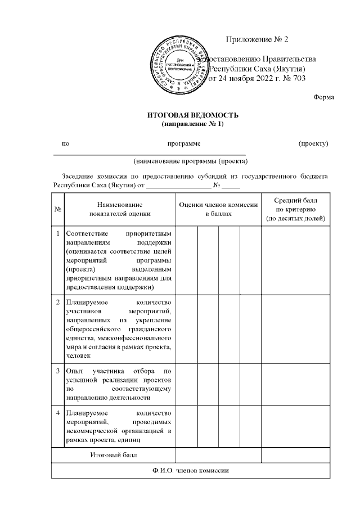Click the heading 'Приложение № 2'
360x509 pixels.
(256, 39)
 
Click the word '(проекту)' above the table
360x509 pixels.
(313, 143)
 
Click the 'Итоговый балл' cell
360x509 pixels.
(114, 454)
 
